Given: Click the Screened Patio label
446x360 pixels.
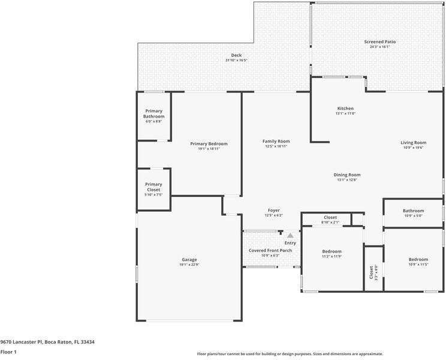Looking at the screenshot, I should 379,41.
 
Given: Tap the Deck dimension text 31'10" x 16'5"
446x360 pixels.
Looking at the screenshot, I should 236,61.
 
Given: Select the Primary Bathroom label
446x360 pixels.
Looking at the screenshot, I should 153,113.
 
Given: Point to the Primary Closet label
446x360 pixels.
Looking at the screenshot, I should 153,187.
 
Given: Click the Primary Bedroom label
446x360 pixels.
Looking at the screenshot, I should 209,143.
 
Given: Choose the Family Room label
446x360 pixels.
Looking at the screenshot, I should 276,141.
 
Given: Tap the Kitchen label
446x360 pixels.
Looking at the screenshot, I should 345,108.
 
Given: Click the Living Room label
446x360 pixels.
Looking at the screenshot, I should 413,143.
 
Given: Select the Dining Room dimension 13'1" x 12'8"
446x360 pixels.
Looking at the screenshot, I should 347,179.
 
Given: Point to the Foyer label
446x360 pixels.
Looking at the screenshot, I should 273,211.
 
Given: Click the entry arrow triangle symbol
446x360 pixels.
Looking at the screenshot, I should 290,236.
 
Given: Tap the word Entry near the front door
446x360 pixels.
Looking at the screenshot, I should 290,243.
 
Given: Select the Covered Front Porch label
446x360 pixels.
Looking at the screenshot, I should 270,250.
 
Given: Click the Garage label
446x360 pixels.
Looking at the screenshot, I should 189,260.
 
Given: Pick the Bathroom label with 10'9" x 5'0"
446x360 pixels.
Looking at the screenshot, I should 413,211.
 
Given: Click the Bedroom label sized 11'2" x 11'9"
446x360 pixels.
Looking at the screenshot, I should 332,251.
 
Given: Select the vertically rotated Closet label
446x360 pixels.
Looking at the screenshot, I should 371,272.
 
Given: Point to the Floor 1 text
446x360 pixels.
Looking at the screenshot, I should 8,352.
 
